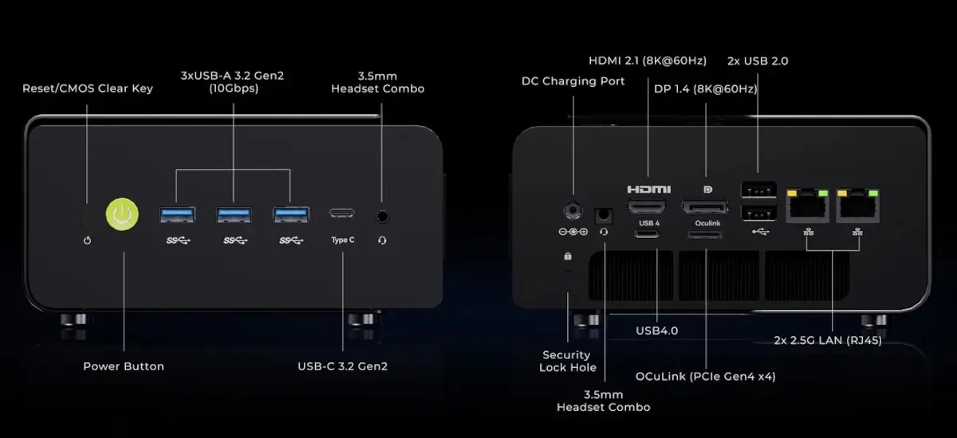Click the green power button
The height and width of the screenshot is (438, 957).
pyautogui.click(x=122, y=214)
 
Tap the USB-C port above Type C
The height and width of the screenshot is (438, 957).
pyautogui.click(x=342, y=213)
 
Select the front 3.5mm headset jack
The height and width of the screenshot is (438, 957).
pyautogui.click(x=382, y=217)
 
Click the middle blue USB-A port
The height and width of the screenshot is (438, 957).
pyautogui.click(x=234, y=214)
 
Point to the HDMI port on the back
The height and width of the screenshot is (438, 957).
pyautogui.click(x=647, y=207)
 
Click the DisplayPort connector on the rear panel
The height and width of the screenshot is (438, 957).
pyautogui.click(x=704, y=207)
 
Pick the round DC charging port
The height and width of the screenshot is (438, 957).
pyautogui.click(x=573, y=210)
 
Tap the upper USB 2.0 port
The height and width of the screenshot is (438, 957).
pyautogui.click(x=758, y=190)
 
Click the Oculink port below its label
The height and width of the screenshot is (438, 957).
pyautogui.click(x=705, y=235)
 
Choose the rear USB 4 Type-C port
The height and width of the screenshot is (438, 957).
pyautogui.click(x=647, y=233)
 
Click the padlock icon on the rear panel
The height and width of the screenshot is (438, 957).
pyautogui.click(x=568, y=256)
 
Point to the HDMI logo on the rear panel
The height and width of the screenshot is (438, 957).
pyautogui.click(x=649, y=189)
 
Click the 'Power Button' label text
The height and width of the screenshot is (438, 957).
pyautogui.click(x=124, y=366)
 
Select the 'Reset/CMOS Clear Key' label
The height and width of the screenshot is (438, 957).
pyautogui.click(x=88, y=88)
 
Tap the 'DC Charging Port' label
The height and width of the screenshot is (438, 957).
pyautogui.click(x=573, y=81)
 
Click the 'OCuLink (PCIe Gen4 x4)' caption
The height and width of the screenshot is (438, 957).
pyautogui.click(x=705, y=376)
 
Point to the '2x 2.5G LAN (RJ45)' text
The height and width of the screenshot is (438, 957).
pyautogui.click(x=828, y=340)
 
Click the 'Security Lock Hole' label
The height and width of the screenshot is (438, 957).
pyautogui.click(x=567, y=362)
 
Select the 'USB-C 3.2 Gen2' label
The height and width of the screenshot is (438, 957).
pyautogui.click(x=343, y=366)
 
